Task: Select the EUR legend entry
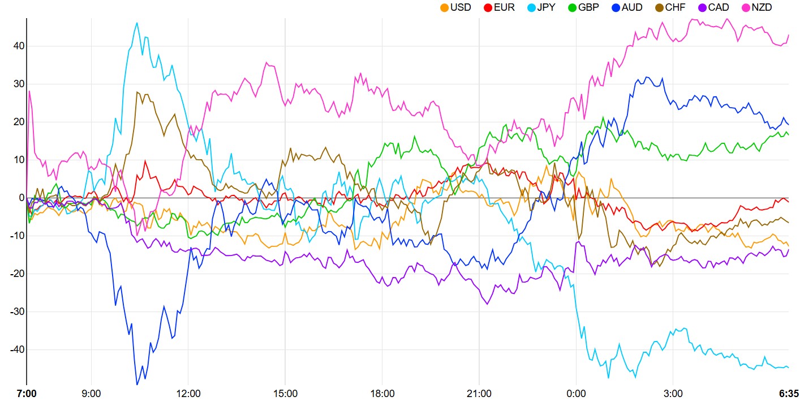pos(498,8)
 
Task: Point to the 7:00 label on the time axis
pos(27,393)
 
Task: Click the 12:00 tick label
pos(188,393)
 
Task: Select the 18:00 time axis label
pos(382,393)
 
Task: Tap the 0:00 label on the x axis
pos(576,393)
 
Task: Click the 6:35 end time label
pos(789,393)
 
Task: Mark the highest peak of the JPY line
pos(137,23)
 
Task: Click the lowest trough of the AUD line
pos(137,384)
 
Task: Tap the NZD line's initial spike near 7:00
pos(29,91)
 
